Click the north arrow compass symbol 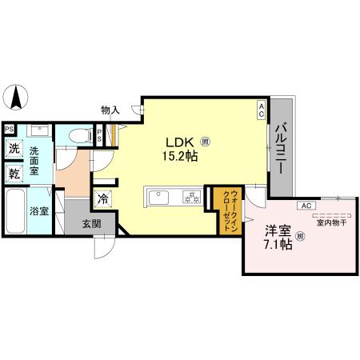(16, 100)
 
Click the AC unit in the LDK (261, 112)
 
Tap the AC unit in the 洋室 (305, 206)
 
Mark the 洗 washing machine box (14, 147)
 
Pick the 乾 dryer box (14, 173)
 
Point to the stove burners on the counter (190, 195)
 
